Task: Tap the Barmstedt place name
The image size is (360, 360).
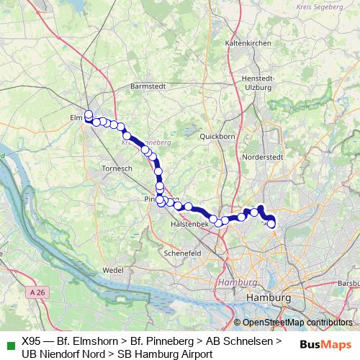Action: (x=148, y=86)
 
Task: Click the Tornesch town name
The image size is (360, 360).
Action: (x=115, y=168)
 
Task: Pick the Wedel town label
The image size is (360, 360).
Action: (x=114, y=269)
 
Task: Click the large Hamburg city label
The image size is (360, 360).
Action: (x=269, y=297)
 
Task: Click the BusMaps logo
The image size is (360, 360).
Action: (x=325, y=344)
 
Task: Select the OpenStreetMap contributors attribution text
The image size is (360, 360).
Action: (x=297, y=322)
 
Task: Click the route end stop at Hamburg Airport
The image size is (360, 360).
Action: (x=271, y=224)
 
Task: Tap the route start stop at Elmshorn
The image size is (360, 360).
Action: (x=89, y=114)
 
